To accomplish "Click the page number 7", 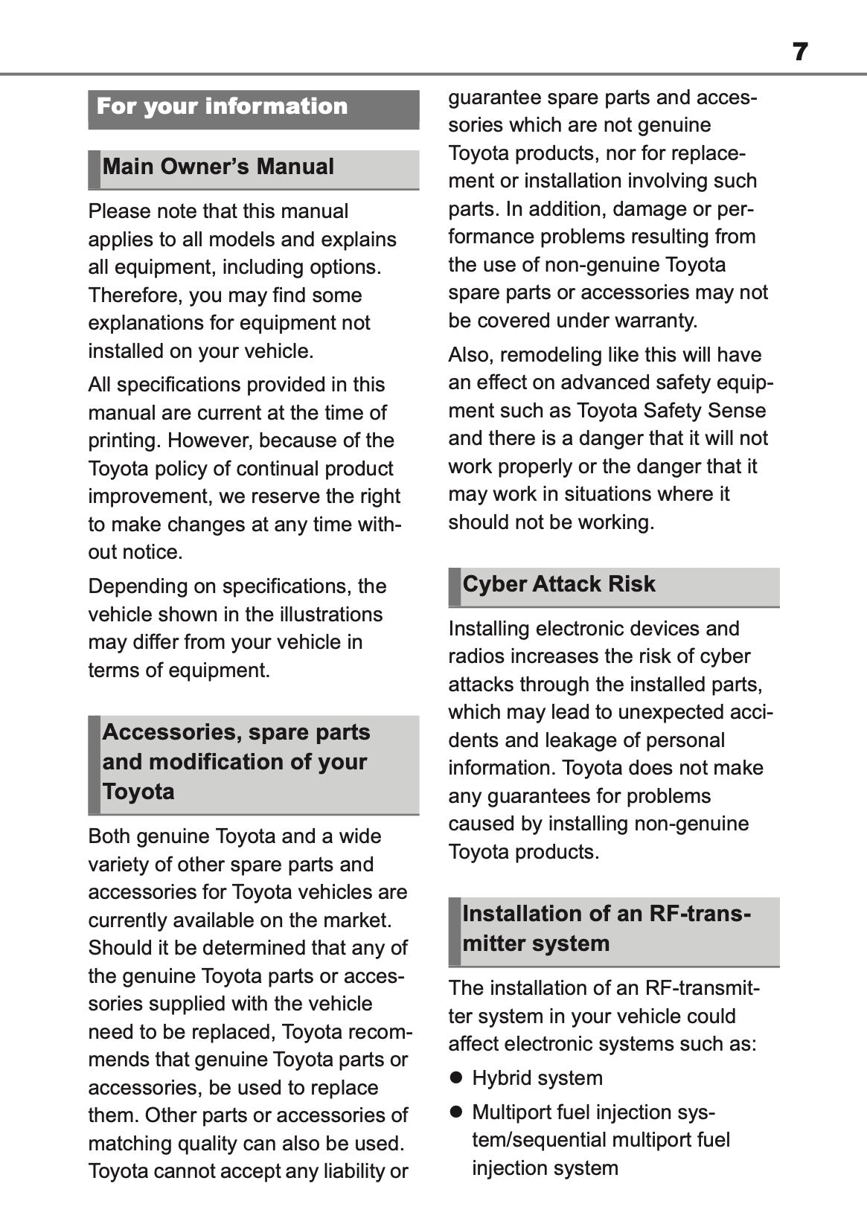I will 800,52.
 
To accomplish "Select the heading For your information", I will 222,106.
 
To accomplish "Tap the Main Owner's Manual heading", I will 218,167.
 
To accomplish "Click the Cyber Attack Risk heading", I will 559,584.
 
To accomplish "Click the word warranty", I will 660,321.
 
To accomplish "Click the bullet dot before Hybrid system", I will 457,1077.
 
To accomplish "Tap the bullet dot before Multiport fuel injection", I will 457,1112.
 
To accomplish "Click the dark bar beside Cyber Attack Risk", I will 455,587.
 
